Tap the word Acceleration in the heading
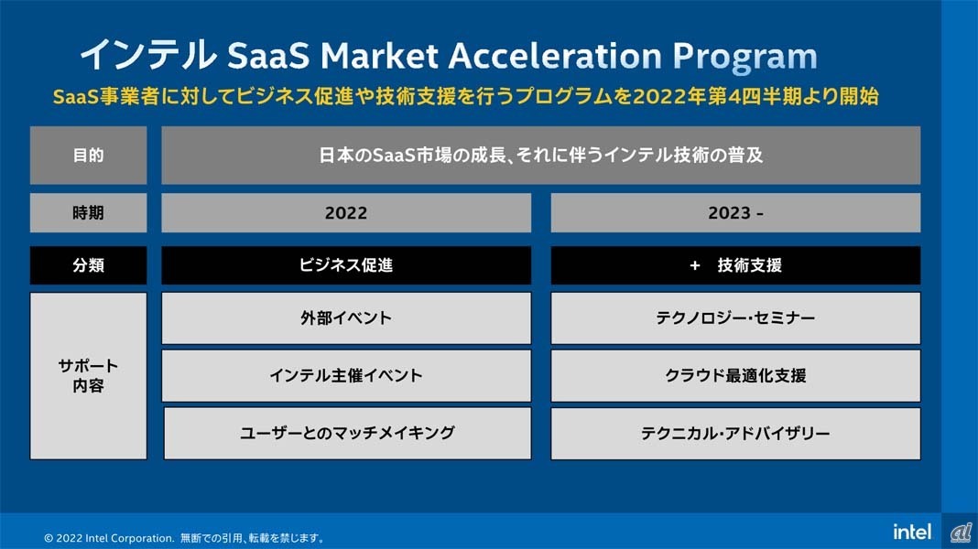click(555, 56)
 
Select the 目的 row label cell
click(89, 156)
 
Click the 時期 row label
click(89, 213)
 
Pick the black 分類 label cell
click(89, 265)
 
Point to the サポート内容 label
click(89, 376)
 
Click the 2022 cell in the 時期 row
click(346, 213)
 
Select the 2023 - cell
click(735, 213)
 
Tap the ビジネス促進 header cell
click(346, 265)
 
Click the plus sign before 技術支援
click(695, 266)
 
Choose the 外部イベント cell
click(346, 318)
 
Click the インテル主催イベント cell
click(346, 376)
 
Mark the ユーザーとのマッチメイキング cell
click(347, 434)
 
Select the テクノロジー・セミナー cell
click(735, 318)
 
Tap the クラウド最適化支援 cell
click(735, 376)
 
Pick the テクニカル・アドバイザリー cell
click(735, 434)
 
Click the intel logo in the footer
click(912, 532)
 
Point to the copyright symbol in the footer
click(49, 538)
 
